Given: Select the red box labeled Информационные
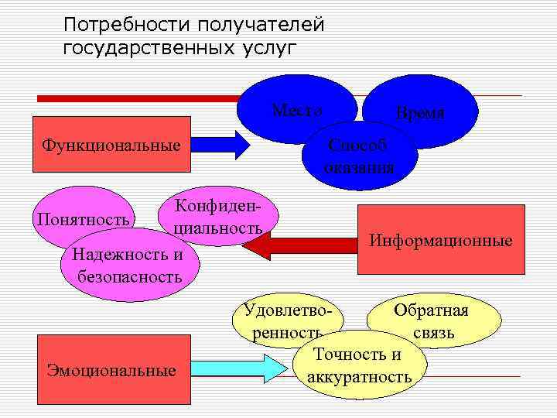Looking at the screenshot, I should click(x=440, y=240).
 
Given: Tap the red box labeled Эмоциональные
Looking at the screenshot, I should click(x=111, y=369).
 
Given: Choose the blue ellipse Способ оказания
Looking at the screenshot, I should click(x=361, y=156).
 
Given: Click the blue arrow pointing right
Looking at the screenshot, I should click(x=220, y=145).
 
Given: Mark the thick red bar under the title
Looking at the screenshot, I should click(x=139, y=98).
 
